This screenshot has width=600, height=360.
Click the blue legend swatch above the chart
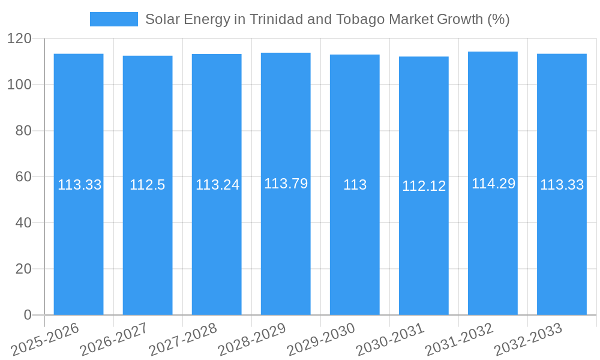coord(113,19)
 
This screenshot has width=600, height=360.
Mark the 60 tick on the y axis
coord(23,177)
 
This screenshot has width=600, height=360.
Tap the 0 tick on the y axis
coord(27,315)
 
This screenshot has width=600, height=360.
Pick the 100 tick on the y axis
coord(19,85)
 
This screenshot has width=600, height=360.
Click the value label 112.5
coord(147,185)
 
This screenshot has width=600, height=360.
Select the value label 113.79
coord(286,184)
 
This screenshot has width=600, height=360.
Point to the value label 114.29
coord(493,184)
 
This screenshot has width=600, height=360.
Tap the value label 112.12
coord(424,186)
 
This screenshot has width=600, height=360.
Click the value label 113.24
coord(217,185)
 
